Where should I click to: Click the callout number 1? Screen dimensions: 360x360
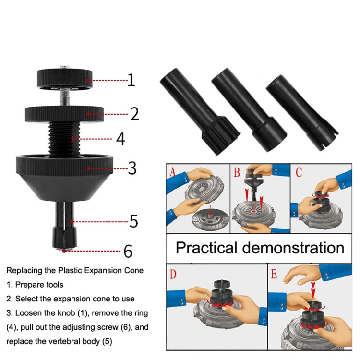(x=131, y=80)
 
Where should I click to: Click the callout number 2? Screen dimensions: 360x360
(x=134, y=113)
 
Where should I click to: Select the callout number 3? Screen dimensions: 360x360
(x=132, y=168)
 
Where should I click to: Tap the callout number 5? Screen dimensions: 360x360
(x=133, y=221)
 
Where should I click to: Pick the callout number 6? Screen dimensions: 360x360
(x=127, y=251)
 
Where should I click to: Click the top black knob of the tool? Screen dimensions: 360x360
(x=64, y=78)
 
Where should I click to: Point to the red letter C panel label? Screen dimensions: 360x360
(x=299, y=172)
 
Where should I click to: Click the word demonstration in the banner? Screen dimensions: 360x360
(x=293, y=248)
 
